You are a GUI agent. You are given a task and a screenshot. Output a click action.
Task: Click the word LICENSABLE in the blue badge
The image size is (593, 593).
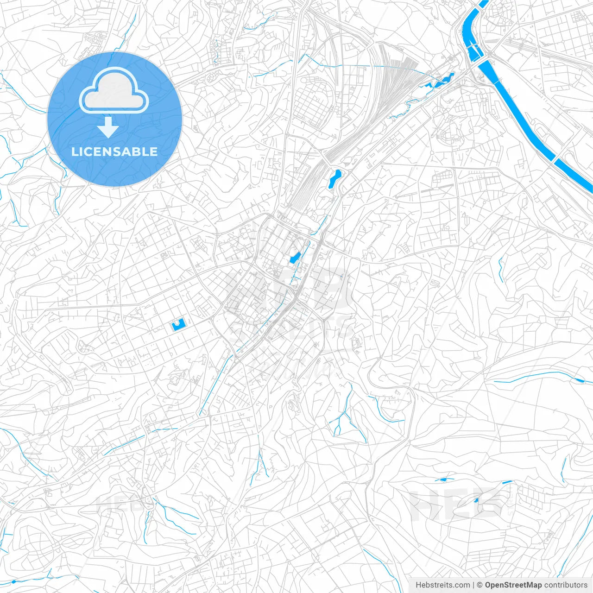click(114, 151)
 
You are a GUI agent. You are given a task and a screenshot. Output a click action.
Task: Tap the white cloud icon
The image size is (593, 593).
click(114, 91)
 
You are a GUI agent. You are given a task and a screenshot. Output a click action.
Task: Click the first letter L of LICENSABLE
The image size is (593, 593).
click(74, 151)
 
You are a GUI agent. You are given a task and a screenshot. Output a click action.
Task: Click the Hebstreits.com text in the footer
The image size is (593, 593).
click(442, 585)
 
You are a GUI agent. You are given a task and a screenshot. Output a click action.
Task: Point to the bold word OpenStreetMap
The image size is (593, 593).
click(513, 585)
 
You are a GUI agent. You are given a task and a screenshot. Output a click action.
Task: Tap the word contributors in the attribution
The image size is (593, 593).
click(566, 585)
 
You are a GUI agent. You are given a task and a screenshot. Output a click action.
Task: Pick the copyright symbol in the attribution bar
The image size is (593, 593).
click(479, 585)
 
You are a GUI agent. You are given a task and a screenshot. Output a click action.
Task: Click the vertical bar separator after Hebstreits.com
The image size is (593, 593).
click(473, 585)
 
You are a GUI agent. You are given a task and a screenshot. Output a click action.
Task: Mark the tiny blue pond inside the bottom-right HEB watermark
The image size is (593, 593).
click(477, 500)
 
